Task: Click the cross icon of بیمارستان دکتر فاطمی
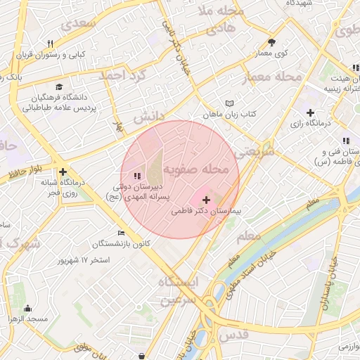[206, 200]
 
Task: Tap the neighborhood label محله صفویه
[196, 170]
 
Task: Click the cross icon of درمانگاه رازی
[310, 112]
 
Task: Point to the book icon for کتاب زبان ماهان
[229, 103]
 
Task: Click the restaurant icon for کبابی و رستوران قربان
[50, 44]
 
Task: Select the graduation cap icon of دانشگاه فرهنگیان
[57, 86]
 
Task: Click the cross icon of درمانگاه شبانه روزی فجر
[63, 172]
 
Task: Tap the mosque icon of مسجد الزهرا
[27, 308]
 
